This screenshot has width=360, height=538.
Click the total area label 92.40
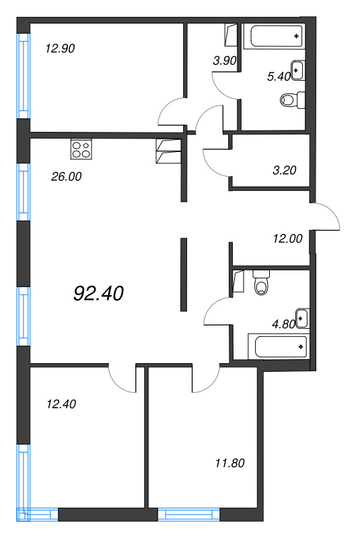pos(98,294)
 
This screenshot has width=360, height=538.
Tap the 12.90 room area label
pos(59,48)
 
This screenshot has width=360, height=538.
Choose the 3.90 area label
pos(223,61)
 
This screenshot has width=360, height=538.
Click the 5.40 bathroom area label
pos(278,77)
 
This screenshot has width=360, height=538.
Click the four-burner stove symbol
pos(81,149)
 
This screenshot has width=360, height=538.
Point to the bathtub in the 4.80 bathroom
pos(278,347)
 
